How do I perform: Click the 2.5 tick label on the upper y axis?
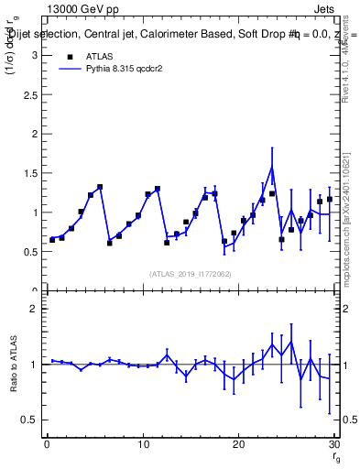pos(29,94)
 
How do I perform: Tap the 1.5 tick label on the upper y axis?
pos(29,173)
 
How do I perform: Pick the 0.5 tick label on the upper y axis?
pos(29,252)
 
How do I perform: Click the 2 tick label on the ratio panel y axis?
pos(33,309)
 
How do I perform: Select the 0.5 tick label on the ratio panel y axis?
pos(29,420)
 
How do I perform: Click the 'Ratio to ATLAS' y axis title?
pos(13,364)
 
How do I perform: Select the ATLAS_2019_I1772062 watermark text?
pos(190,273)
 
